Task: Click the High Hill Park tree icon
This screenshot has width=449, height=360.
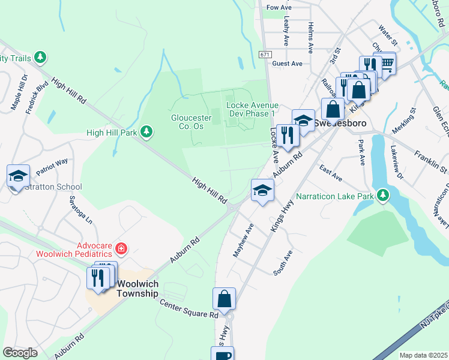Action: coord(146,131)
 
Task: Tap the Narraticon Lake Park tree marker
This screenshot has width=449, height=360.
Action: coord(381,194)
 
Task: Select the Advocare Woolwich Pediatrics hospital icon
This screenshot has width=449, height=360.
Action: coord(121,248)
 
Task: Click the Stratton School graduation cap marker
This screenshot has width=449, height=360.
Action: coord(18,176)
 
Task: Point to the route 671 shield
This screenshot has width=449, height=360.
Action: coord(265,54)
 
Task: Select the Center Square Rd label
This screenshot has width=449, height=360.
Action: coord(188,308)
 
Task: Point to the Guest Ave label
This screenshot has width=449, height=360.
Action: coord(287,64)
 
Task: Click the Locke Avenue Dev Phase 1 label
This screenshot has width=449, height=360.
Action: coord(250,109)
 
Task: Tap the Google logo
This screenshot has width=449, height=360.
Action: coord(20,353)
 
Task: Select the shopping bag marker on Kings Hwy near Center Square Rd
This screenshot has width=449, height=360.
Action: coord(224,299)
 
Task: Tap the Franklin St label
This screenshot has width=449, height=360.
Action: coord(431,162)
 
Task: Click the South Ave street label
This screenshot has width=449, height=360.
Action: coord(283,263)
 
